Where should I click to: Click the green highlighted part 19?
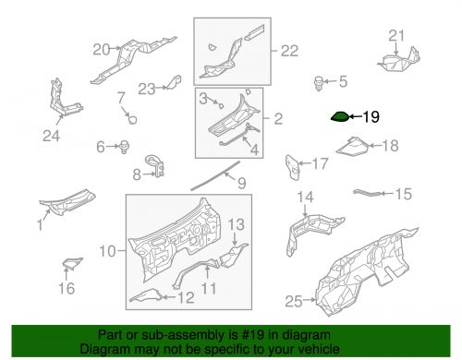click(340, 117)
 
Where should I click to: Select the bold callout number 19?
click(371, 117)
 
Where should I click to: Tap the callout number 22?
click(289, 51)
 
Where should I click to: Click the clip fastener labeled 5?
click(319, 83)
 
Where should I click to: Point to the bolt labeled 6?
click(124, 147)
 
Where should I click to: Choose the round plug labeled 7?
click(132, 119)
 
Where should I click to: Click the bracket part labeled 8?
click(155, 166)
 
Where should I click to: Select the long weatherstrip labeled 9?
click(215, 175)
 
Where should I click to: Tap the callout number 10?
click(107, 251)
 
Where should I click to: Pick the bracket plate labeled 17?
click(293, 167)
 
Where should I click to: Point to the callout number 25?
click(294, 301)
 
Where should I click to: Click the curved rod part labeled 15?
click(367, 193)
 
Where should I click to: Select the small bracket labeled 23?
click(174, 82)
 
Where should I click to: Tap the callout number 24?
click(51, 136)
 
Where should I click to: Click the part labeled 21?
click(399, 60)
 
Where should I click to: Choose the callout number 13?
click(237, 224)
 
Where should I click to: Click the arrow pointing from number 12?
click(168, 297)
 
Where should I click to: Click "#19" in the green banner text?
click(253, 334)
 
